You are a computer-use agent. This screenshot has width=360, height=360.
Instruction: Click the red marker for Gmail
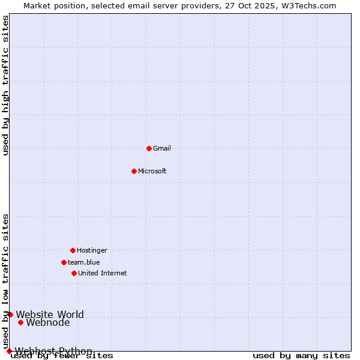[x=149, y=148]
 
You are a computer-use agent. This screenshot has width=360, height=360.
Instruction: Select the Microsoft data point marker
[x=134, y=171]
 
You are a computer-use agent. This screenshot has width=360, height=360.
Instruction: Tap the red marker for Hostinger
[x=73, y=250]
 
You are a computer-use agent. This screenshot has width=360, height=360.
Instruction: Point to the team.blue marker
[x=64, y=262]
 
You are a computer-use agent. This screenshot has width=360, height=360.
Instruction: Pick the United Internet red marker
[x=74, y=273]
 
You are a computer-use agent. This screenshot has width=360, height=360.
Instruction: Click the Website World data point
[x=10, y=314]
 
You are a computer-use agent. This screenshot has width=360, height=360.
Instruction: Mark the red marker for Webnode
[x=20, y=322]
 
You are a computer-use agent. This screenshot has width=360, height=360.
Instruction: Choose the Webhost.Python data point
[x=9, y=351]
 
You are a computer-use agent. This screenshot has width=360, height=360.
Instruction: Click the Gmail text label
[x=162, y=148]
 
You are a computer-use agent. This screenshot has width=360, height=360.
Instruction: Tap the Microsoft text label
[x=152, y=171]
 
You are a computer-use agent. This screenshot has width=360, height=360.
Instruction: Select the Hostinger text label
[x=92, y=250]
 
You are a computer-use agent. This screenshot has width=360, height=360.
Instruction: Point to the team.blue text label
[x=84, y=262]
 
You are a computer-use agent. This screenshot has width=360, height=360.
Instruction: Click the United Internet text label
[x=103, y=273]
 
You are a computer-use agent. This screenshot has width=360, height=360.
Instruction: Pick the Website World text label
[x=50, y=314]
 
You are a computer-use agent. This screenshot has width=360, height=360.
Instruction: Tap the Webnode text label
[x=48, y=322]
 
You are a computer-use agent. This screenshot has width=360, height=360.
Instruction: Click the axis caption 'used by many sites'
[x=301, y=356]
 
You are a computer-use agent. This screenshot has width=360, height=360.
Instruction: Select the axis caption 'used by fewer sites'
[x=62, y=356]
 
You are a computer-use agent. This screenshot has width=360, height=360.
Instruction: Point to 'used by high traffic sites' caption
[x=6, y=86]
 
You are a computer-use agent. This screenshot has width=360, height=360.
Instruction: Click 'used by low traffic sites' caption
[x=6, y=281]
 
